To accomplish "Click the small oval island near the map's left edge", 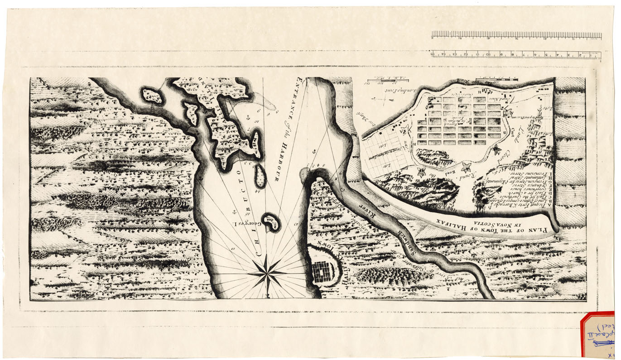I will pyautogui.click(x=153, y=95).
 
